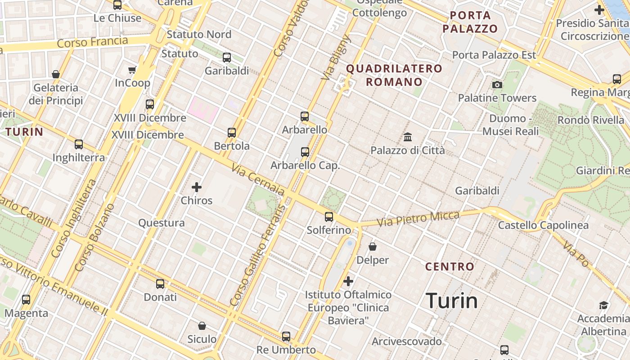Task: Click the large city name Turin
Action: click(451, 301)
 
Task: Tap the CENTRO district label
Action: click(450, 266)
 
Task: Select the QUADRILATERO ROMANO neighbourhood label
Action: click(394, 75)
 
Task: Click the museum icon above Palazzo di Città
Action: click(408, 137)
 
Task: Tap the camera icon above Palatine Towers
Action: click(497, 85)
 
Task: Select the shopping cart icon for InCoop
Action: click(132, 70)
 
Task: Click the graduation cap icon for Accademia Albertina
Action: click(603, 306)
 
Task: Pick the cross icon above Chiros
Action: click(197, 187)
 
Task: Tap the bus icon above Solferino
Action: click(329, 217)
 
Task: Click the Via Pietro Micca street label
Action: click(418, 219)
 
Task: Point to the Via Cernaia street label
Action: click(258, 180)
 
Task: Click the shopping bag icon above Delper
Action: click(373, 247)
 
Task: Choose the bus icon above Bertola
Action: click(232, 133)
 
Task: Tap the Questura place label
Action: click(161, 223)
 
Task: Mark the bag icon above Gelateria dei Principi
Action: click(56, 74)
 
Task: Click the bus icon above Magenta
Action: click(26, 299)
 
